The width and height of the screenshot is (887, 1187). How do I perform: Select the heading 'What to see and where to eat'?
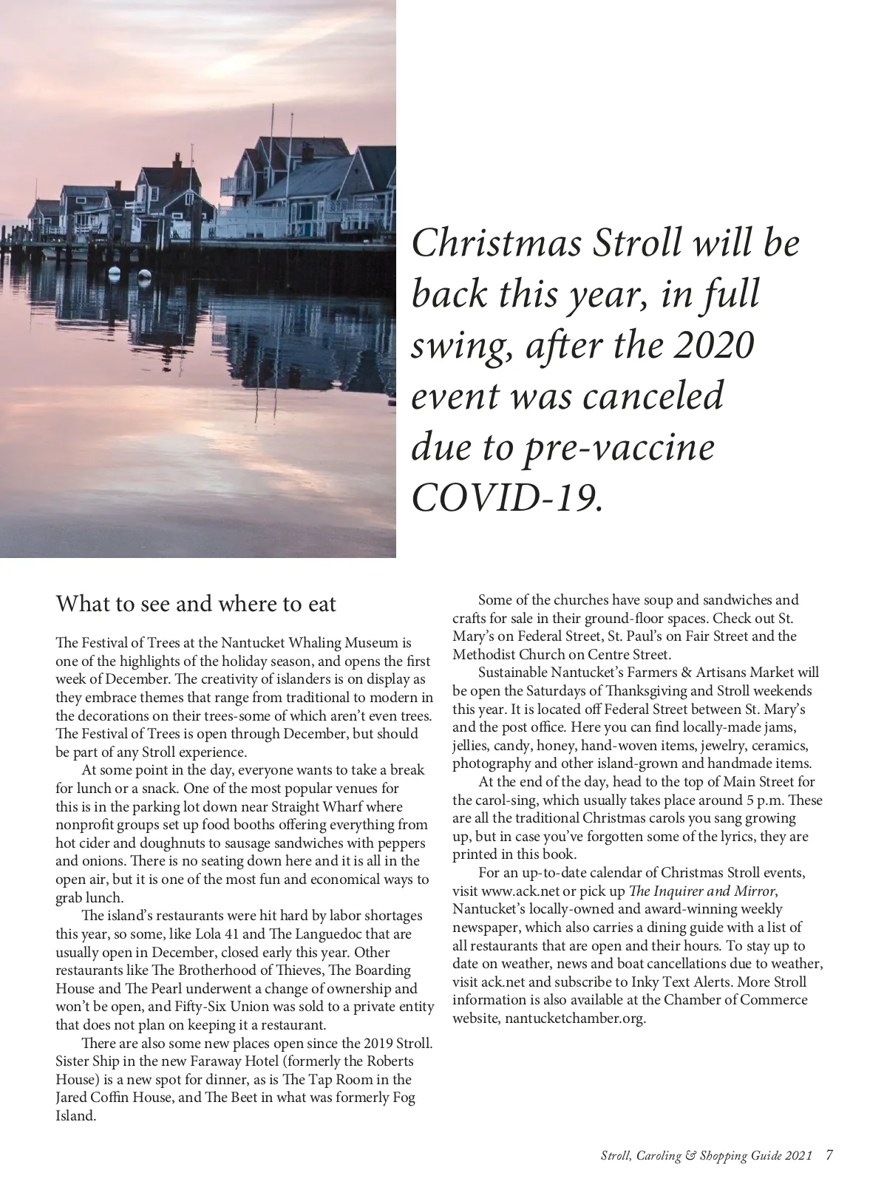tap(196, 604)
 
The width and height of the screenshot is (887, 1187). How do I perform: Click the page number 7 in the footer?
tap(829, 1154)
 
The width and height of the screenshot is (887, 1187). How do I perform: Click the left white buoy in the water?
tap(115, 272)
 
